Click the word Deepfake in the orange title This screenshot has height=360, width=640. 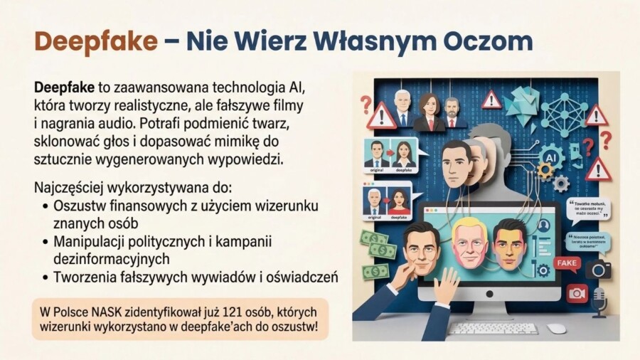pyautogui.click(x=95, y=41)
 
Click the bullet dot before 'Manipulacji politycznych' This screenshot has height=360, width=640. pyautogui.click(x=44, y=242)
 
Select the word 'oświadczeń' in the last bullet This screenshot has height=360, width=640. pyautogui.click(x=304, y=277)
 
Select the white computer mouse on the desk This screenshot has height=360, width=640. pyautogui.click(x=557, y=329)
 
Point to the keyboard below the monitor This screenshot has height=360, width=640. pyautogui.click(x=493, y=329)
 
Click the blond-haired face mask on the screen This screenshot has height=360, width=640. pyautogui.click(x=469, y=242)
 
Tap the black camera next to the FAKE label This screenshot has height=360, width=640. pyautogui.click(x=599, y=268)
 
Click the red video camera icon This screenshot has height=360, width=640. pyautogui.click(x=577, y=292)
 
